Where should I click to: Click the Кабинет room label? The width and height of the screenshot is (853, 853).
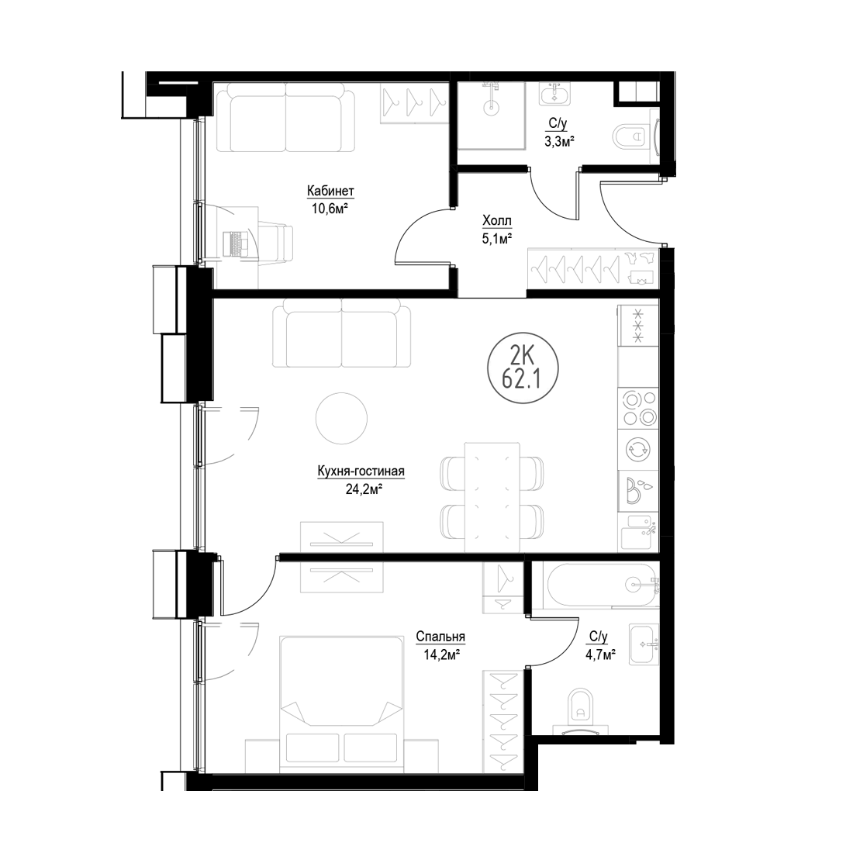[x=330, y=191]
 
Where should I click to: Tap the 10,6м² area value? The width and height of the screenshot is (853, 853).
[x=330, y=209]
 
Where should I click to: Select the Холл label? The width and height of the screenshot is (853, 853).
[x=496, y=220]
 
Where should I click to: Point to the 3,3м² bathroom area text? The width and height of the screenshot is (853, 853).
[x=559, y=141]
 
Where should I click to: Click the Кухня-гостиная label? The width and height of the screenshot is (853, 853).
[x=361, y=471]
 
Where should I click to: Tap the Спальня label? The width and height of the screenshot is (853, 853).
[x=440, y=637]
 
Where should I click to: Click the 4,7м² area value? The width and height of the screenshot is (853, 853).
[x=600, y=654]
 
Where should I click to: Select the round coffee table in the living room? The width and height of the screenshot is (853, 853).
[x=342, y=419]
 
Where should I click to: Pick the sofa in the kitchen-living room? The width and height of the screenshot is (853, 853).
[x=342, y=336]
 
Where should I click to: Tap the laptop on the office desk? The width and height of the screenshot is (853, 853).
[x=236, y=243]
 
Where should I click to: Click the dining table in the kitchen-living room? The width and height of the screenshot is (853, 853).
[x=492, y=497]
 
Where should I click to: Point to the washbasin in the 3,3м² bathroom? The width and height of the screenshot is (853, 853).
[x=554, y=94]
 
